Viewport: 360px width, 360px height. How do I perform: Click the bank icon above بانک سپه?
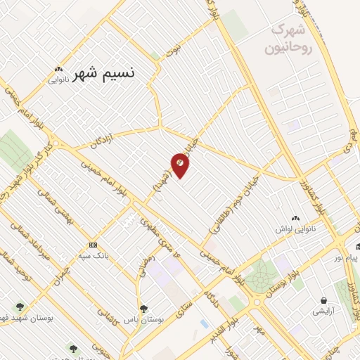(93, 245)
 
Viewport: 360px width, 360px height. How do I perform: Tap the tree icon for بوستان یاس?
(143, 308)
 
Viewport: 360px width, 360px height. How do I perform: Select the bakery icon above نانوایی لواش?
(295, 219)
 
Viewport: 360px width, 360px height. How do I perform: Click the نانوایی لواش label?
(295, 230)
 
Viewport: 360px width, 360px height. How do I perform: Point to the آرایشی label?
(323, 311)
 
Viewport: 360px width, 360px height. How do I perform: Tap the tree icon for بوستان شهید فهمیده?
(19, 307)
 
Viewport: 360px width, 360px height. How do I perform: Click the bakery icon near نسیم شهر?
(58, 70)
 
